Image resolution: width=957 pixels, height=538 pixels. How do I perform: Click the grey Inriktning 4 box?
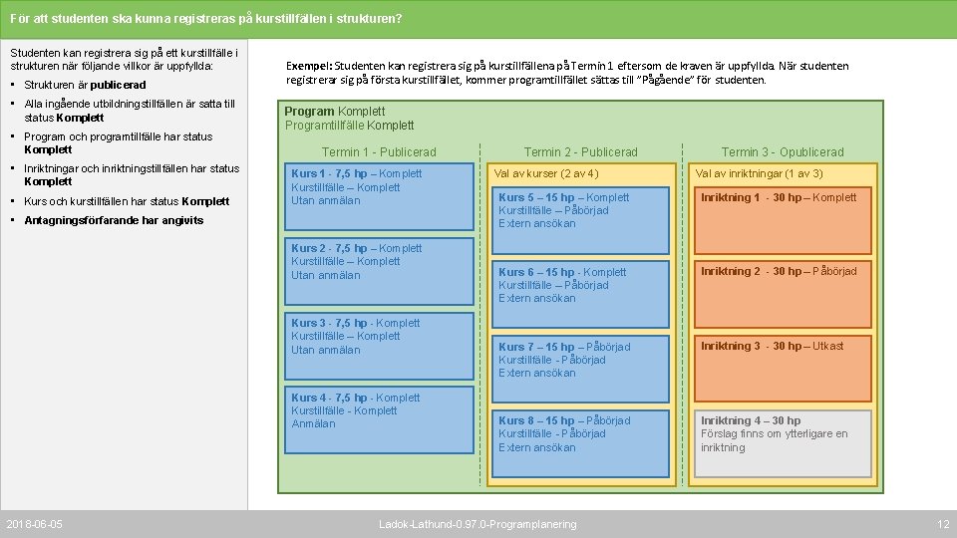783,442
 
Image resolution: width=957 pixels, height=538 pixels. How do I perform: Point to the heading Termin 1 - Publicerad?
379,152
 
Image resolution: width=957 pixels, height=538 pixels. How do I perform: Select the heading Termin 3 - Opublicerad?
783,152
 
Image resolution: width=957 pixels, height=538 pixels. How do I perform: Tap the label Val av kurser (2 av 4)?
546,173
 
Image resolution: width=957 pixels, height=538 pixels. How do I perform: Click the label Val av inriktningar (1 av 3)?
760,173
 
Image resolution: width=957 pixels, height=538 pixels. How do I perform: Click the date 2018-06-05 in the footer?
34,524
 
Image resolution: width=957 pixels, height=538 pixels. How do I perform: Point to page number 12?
943,524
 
